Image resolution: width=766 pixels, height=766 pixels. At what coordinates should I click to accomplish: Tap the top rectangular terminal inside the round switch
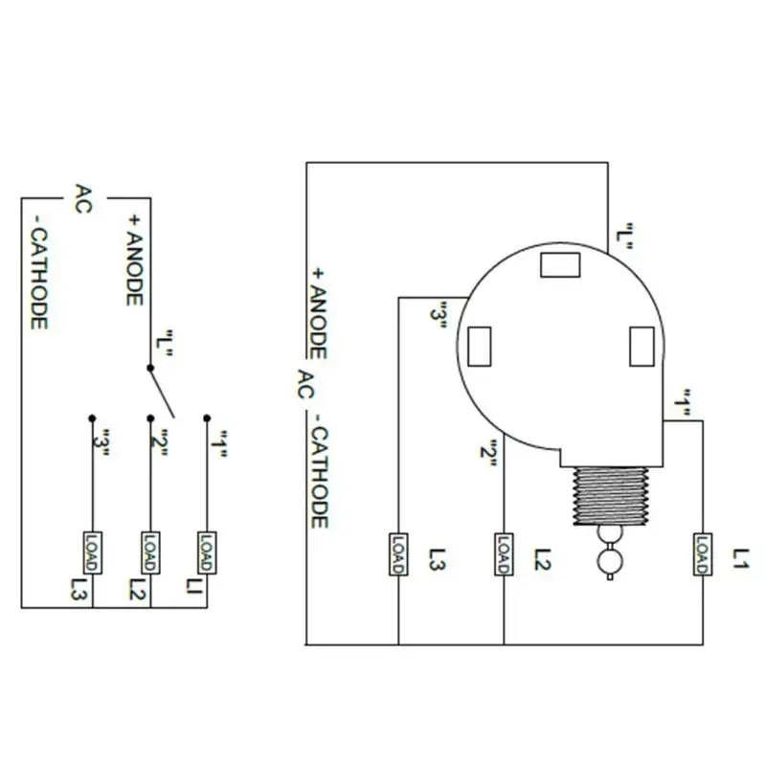(x=560, y=264)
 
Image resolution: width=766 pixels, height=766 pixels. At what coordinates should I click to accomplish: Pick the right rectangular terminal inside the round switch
(x=641, y=346)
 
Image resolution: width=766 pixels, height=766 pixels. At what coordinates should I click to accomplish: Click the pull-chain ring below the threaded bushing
(x=609, y=562)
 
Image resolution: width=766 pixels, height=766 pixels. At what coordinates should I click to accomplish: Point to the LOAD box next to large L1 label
(x=702, y=554)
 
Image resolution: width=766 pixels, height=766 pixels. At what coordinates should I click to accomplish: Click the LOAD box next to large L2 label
(x=503, y=554)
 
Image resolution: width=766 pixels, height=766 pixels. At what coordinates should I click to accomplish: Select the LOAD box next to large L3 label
(x=397, y=554)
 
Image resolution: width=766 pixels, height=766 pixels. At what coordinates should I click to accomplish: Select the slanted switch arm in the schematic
(x=161, y=393)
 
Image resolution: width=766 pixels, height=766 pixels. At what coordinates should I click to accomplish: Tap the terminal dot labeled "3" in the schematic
(x=92, y=418)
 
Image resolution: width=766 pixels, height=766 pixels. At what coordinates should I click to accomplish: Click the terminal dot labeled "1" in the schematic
(x=207, y=418)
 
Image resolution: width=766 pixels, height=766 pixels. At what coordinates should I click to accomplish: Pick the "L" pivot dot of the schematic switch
(x=149, y=368)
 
